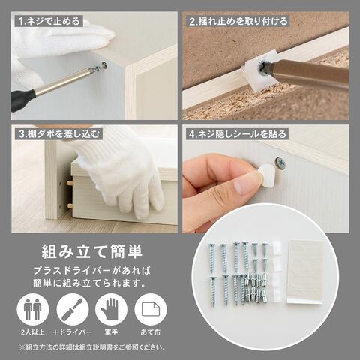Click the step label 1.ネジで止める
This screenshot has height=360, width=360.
click(x=49, y=22)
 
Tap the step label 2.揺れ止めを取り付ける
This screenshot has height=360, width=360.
click(x=238, y=22)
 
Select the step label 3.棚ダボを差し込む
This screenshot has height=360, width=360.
click(x=59, y=134)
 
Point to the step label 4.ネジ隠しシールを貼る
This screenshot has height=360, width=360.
click(x=238, y=134)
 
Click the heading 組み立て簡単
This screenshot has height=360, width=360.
click(x=92, y=251)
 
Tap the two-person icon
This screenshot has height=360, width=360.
click(x=33, y=310)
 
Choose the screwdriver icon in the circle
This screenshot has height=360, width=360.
click(x=72, y=310)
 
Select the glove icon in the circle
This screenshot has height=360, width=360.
click(x=111, y=310)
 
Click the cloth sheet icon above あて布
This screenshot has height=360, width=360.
click(x=151, y=310)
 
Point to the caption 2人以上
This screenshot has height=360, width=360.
click(x=33, y=332)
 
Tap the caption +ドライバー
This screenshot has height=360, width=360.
click(x=73, y=332)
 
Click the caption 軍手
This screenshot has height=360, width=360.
click(x=111, y=332)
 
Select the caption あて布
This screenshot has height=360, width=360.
click(x=151, y=332)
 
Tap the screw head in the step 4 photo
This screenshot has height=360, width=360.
click(x=280, y=163)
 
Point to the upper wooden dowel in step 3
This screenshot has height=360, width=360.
click(x=69, y=183)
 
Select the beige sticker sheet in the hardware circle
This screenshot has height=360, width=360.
click(x=305, y=272)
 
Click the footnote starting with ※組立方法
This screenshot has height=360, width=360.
click(x=92, y=347)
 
